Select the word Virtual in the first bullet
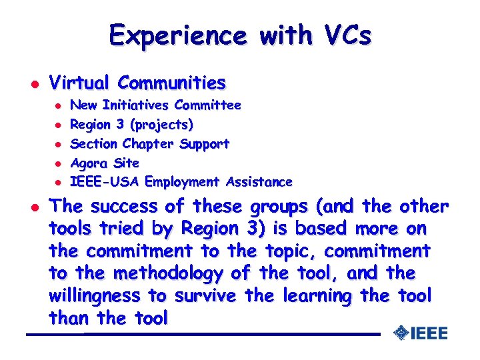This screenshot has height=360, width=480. [79, 83]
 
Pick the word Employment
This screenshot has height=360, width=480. [183, 182]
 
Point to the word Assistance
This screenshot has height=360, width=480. [259, 182]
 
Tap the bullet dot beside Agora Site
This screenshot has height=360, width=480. [58, 163]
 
